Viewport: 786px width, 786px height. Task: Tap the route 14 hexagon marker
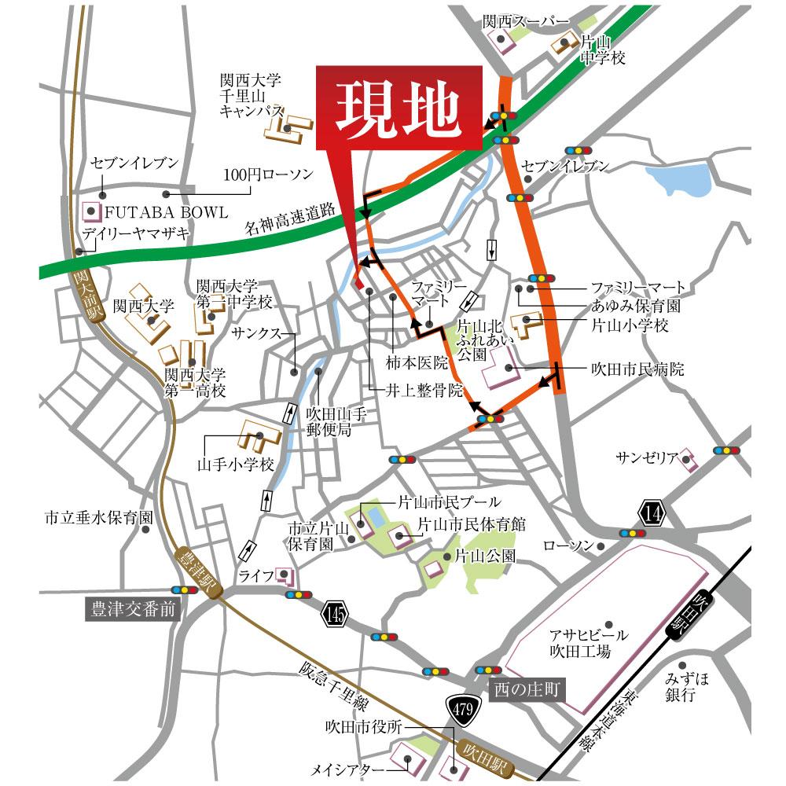652,513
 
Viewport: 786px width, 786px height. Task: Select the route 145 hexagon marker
332,612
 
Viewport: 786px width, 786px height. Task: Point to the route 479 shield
463,711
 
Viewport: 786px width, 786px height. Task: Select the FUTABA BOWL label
166,212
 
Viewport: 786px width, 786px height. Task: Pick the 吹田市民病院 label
638,369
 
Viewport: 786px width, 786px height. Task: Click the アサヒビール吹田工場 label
589,642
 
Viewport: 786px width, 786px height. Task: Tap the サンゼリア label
646,457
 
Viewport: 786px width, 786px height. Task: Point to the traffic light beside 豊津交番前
185,589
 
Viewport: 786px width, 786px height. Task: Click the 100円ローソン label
267,174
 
